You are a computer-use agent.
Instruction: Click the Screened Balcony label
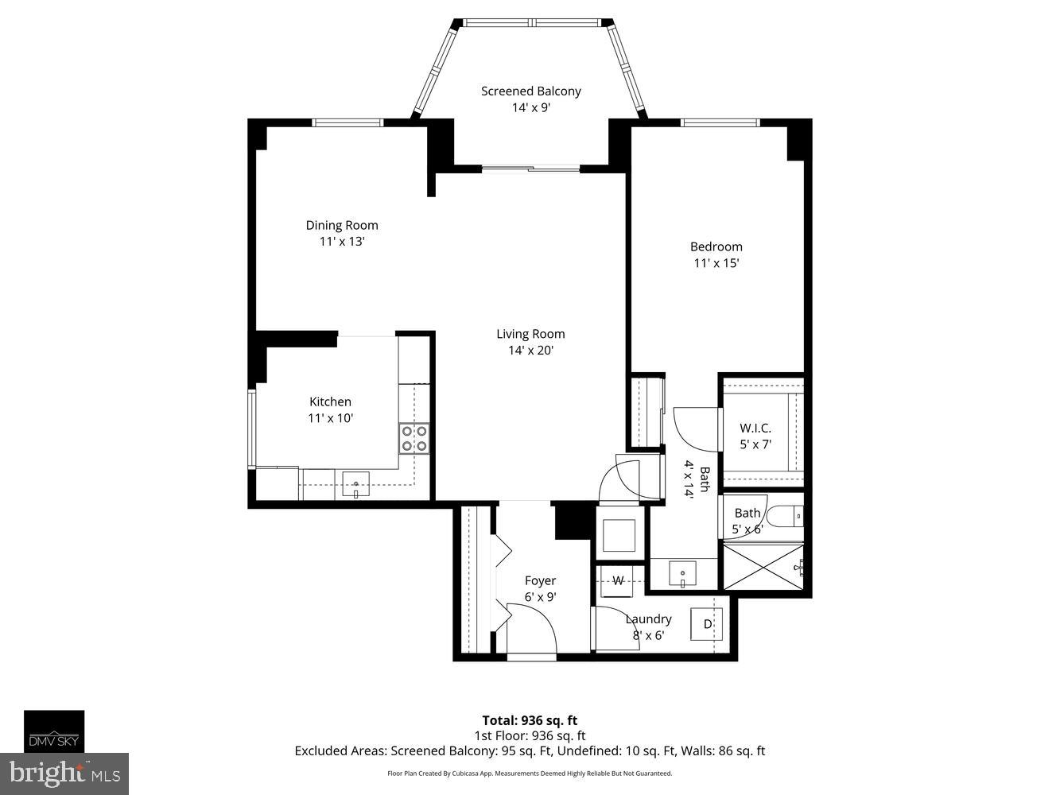(530, 91)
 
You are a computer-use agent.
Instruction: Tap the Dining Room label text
(342, 225)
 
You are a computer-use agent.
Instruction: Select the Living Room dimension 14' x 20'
(530, 351)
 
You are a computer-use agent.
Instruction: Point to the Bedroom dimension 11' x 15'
(716, 263)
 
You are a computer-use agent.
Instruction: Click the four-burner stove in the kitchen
(414, 438)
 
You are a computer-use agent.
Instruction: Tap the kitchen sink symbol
(355, 484)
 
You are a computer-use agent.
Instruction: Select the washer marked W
(617, 580)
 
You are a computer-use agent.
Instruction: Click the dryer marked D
(707, 624)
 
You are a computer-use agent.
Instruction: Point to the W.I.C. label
(755, 429)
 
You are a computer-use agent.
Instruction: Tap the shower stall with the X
(761, 567)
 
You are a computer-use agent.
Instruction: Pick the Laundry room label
(648, 619)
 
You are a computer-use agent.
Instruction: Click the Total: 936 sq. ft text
(530, 721)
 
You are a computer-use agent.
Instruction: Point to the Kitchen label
(330, 402)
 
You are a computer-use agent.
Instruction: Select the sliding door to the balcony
(530, 168)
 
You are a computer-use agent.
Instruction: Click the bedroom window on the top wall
(720, 122)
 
